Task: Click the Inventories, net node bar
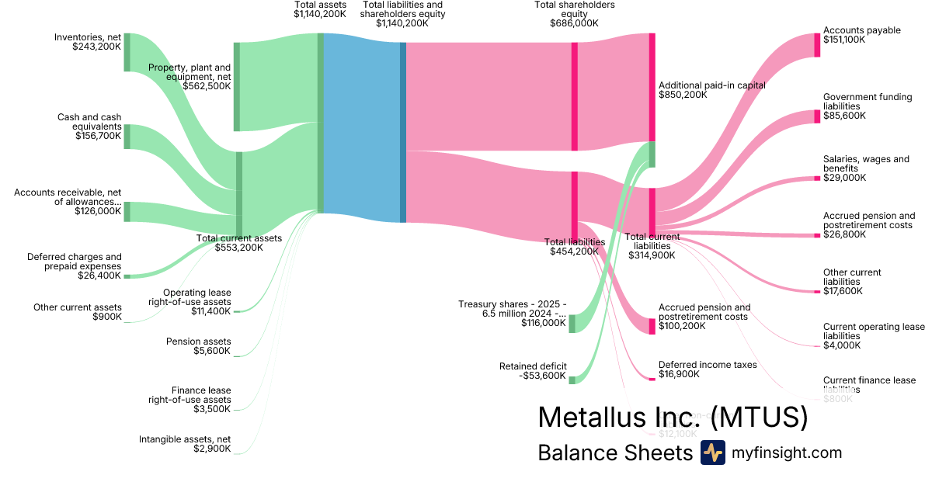(127, 52)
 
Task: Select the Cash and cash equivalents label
(89, 122)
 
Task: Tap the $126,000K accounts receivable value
(98, 211)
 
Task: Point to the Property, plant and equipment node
(237, 87)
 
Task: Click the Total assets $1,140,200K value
(320, 14)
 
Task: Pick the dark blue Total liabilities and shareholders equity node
(403, 132)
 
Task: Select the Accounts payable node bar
(816, 45)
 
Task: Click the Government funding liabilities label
(862, 102)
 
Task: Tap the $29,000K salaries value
(844, 178)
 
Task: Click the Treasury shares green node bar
(572, 324)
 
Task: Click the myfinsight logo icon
(712, 453)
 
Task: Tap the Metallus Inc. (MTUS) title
(673, 418)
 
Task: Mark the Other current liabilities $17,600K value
(843, 292)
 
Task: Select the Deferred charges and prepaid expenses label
(75, 261)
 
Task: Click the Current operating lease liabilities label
(874, 331)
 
